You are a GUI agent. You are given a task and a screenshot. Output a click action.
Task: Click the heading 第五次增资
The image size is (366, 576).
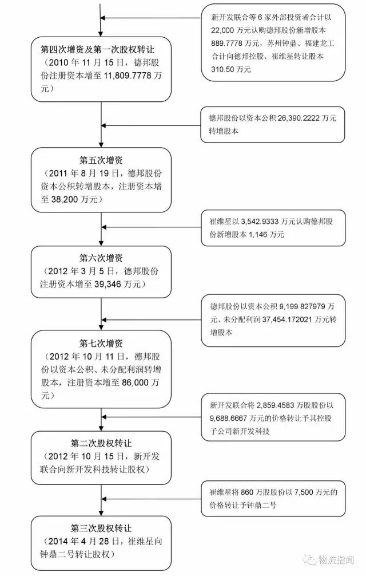[x=101, y=160]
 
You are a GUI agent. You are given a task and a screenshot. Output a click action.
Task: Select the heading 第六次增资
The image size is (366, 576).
[x=101, y=258]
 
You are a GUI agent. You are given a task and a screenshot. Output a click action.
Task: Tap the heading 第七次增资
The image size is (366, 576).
[x=101, y=344]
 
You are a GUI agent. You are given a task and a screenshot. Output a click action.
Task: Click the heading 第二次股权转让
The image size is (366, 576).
[x=101, y=443]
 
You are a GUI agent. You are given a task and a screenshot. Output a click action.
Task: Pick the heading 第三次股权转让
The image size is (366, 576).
[x=101, y=528]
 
